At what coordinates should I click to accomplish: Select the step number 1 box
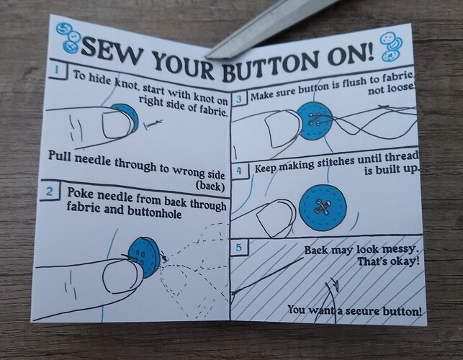(x=58, y=71)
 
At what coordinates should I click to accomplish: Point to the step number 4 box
(x=240, y=171)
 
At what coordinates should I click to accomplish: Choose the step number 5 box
(x=239, y=248)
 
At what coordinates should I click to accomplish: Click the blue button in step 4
(x=323, y=208)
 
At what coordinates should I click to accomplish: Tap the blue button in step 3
(x=314, y=121)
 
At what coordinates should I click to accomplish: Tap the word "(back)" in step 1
(x=210, y=186)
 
